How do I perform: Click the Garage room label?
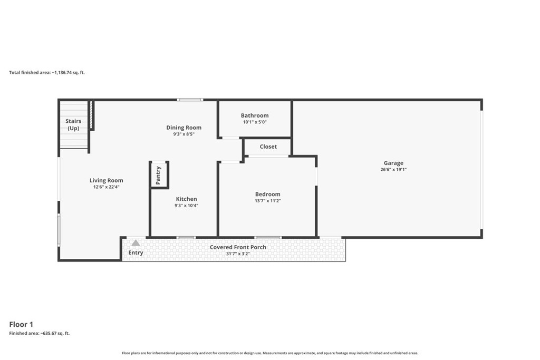click(393, 163)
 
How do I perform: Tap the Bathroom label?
click(255, 115)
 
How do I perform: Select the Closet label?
click(268, 147)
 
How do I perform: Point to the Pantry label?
click(158, 175)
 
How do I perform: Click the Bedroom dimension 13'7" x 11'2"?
click(267, 201)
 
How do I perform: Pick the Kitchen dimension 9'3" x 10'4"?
click(186, 206)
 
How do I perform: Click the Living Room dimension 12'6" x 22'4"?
click(106, 187)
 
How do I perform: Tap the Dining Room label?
click(184, 128)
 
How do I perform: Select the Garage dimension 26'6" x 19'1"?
click(393, 169)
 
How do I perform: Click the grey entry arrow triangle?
click(136, 243)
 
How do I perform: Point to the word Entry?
click(136, 252)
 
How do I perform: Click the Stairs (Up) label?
click(73, 124)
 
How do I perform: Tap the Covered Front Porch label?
click(238, 247)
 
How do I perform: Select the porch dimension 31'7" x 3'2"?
click(238, 254)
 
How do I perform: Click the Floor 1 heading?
click(21, 324)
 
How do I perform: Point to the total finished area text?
click(47, 73)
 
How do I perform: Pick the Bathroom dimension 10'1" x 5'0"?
click(255, 122)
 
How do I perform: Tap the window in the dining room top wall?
click(190, 100)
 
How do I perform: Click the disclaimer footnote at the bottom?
click(270, 353)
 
